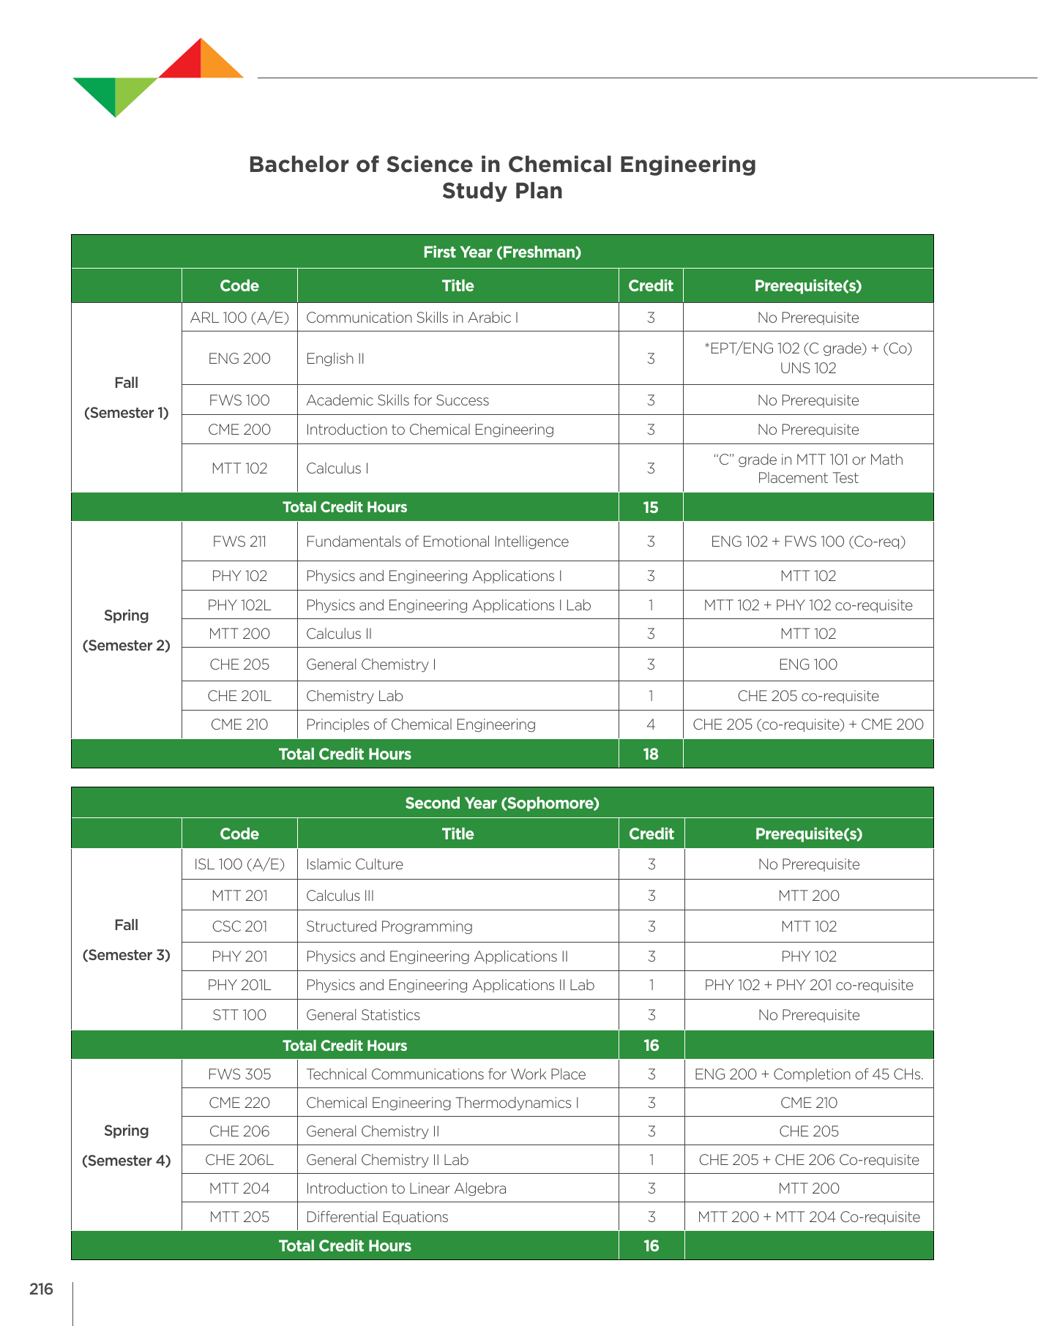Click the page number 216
tap(41, 1289)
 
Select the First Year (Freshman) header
tap(502, 252)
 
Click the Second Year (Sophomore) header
tap(502, 804)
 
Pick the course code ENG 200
tap(239, 359)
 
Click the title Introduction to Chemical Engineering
tap(430, 430)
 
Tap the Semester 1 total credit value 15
tap(651, 507)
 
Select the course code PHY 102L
tap(239, 605)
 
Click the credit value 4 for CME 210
tap(651, 724)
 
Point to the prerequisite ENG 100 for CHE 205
tap(808, 664)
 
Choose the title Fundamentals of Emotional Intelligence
tap(437, 542)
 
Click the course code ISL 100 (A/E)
tap(239, 864)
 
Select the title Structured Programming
tap(389, 926)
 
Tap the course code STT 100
tap(239, 1015)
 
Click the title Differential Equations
tap(377, 1217)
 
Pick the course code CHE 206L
tap(239, 1160)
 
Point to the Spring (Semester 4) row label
tap(126, 1145)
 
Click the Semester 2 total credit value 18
tap(651, 754)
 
